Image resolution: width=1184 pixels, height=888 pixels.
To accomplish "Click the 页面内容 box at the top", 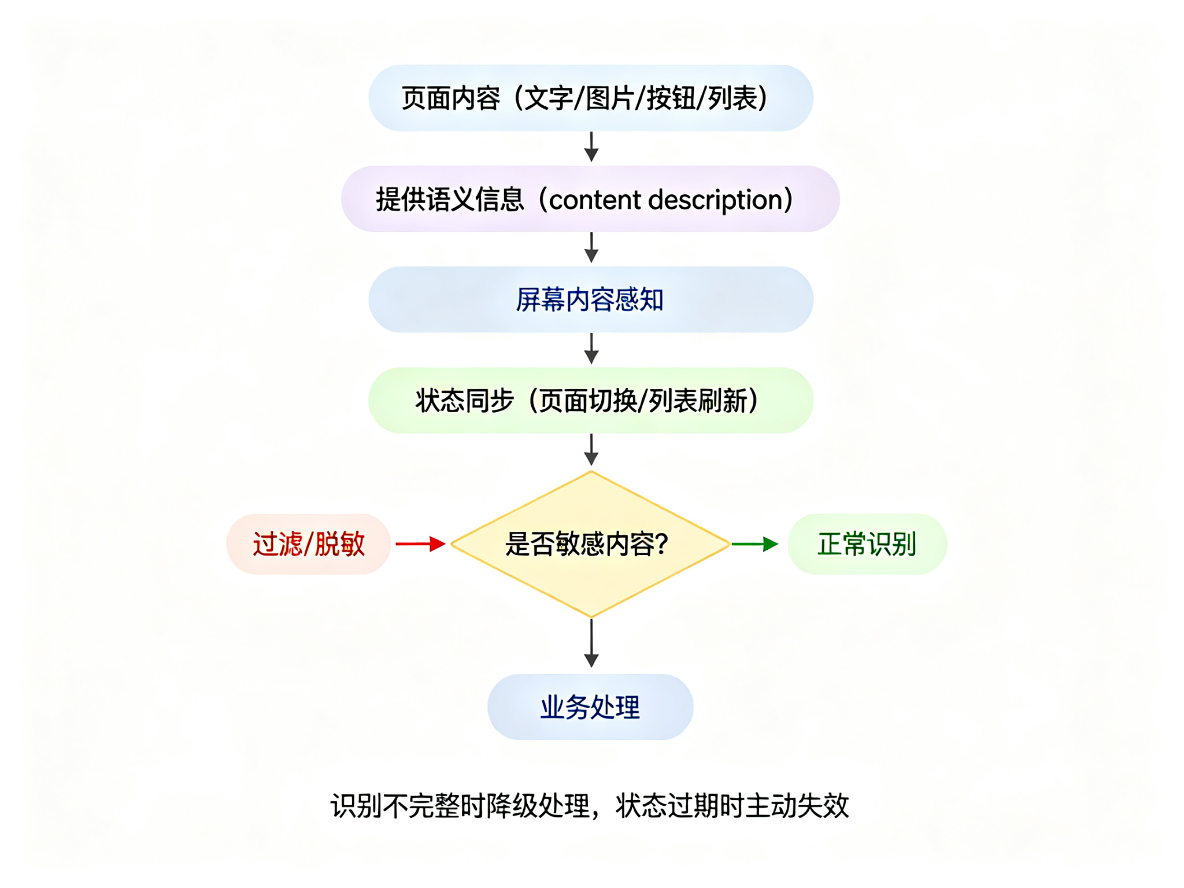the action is pos(591,98).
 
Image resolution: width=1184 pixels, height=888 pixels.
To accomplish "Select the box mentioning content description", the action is pos(590,199).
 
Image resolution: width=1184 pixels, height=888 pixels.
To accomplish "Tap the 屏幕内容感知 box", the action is pos(591,299).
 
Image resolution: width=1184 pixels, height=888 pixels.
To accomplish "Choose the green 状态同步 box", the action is pos(591,400).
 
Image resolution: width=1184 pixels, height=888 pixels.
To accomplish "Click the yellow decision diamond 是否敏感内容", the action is pos(591,544).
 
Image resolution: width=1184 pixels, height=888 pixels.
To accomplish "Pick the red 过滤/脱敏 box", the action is pos(309,544).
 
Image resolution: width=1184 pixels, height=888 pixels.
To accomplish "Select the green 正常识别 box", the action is pos(867,544).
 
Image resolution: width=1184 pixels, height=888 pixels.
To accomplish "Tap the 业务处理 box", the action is pos(590,706).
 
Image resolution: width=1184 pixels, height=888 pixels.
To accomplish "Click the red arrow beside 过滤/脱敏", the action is pos(420,544).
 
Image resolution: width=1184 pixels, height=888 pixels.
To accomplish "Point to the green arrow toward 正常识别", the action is pos(755,544).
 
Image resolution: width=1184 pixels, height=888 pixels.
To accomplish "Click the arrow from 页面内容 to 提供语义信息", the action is pos(591,147).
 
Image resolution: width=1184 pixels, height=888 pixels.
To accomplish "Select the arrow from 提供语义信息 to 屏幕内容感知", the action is pos(591,247).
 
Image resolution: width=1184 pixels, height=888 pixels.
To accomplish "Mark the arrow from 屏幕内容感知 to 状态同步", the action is pos(591,349).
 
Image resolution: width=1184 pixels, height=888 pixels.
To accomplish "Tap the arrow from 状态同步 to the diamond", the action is pos(591,450).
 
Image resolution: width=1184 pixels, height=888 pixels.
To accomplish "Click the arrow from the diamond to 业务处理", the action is pos(591,643).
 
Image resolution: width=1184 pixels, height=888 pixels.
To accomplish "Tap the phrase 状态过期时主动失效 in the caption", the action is pos(732,806).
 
